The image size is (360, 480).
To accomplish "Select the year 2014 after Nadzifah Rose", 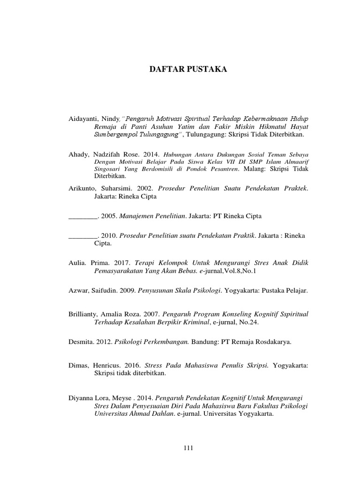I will (152, 154).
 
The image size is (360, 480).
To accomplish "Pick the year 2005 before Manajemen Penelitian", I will (109, 216).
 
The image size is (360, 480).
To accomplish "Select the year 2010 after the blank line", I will (109, 235).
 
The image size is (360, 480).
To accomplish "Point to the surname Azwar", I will (79, 291).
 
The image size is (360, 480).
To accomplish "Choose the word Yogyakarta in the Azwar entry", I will (241, 291).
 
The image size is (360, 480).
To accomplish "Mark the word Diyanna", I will (81, 396).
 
